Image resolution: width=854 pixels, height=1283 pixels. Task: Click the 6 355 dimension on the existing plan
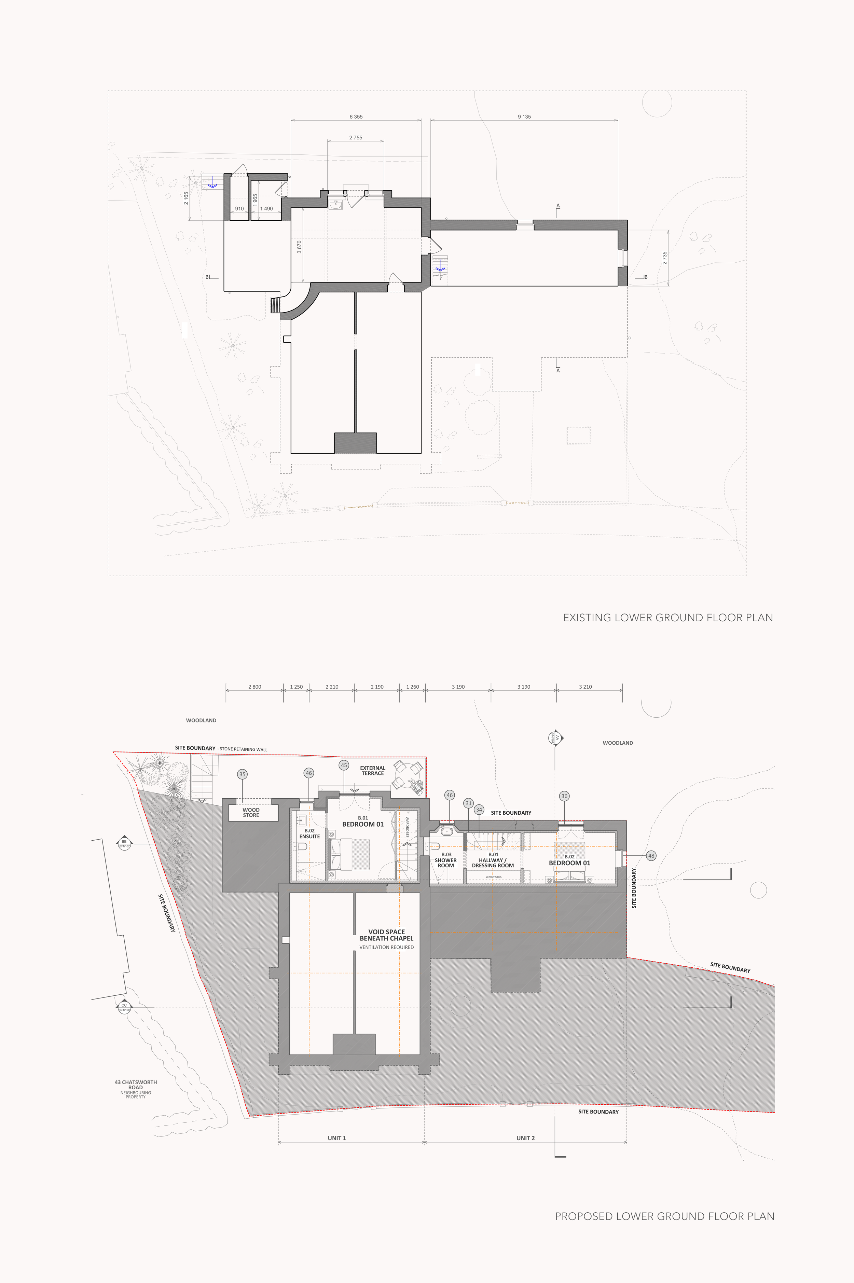356,116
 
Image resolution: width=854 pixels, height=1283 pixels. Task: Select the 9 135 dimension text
524,116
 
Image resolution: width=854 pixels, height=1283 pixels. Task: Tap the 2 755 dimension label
356,138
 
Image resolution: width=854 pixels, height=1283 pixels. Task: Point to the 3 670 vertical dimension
299,247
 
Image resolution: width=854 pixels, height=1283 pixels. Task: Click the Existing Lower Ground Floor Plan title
668,618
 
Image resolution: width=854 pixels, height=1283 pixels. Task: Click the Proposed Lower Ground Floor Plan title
664,1216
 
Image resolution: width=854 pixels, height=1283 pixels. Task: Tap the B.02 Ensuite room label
309,833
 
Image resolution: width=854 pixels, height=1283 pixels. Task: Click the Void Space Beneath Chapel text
386,935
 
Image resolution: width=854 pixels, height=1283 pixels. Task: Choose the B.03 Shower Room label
445,860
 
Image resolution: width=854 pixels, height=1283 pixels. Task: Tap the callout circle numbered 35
243,774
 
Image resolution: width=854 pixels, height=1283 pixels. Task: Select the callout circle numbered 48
651,856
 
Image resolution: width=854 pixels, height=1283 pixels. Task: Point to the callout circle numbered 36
564,796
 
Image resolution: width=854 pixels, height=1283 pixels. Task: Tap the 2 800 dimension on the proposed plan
254,687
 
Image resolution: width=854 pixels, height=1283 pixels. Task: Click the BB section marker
124,843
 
